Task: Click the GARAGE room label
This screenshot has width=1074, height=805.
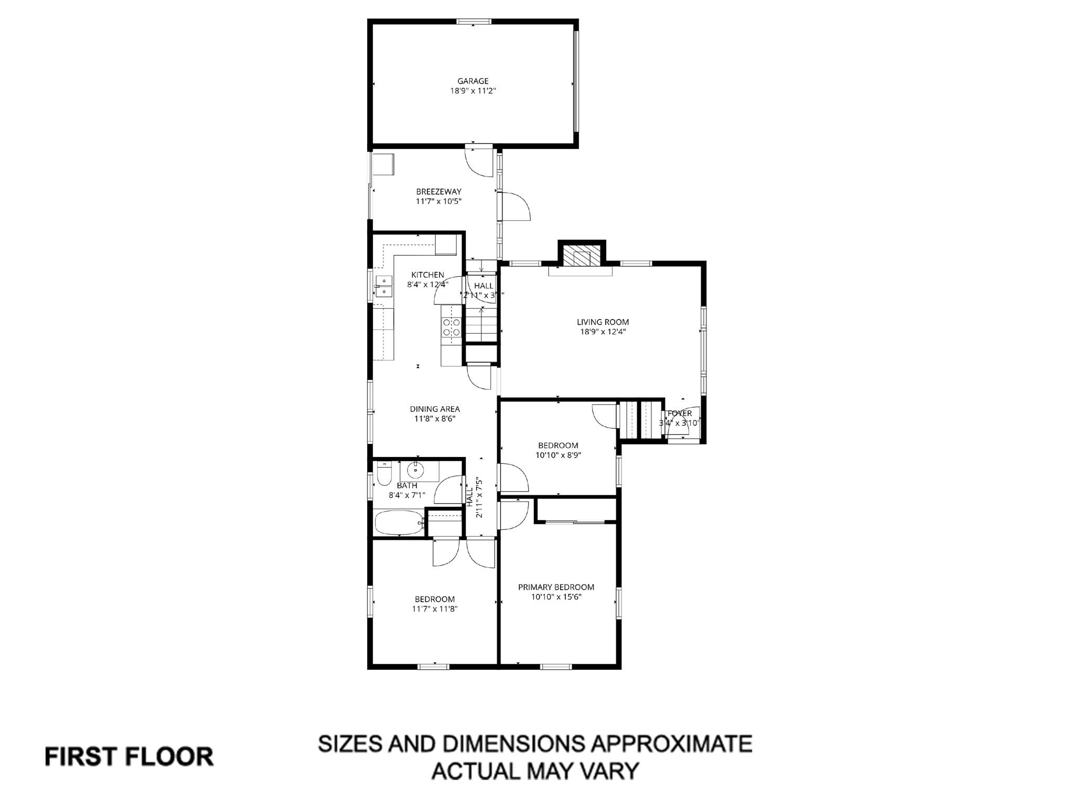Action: click(x=472, y=81)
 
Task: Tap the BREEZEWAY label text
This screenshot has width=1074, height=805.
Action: click(x=438, y=191)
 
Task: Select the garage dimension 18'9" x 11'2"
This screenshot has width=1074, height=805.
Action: click(x=472, y=91)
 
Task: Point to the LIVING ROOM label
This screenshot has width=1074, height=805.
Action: click(x=603, y=322)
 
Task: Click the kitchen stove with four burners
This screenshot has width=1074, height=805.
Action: click(x=452, y=328)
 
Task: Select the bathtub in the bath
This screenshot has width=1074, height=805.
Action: click(x=399, y=523)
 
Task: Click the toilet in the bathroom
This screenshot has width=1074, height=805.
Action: click(x=384, y=475)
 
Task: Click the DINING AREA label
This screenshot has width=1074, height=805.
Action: click(x=434, y=409)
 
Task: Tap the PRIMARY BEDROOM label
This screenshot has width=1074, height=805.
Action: click(x=556, y=587)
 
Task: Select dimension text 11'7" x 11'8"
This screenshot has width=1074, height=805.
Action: click(x=435, y=609)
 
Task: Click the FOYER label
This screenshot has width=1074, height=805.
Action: click(x=680, y=414)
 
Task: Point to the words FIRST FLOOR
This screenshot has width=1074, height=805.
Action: click(x=129, y=757)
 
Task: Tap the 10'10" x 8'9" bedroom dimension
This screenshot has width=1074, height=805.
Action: click(x=558, y=455)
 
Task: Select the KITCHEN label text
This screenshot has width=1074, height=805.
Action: click(x=427, y=275)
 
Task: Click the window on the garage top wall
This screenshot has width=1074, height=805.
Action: click(x=473, y=21)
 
